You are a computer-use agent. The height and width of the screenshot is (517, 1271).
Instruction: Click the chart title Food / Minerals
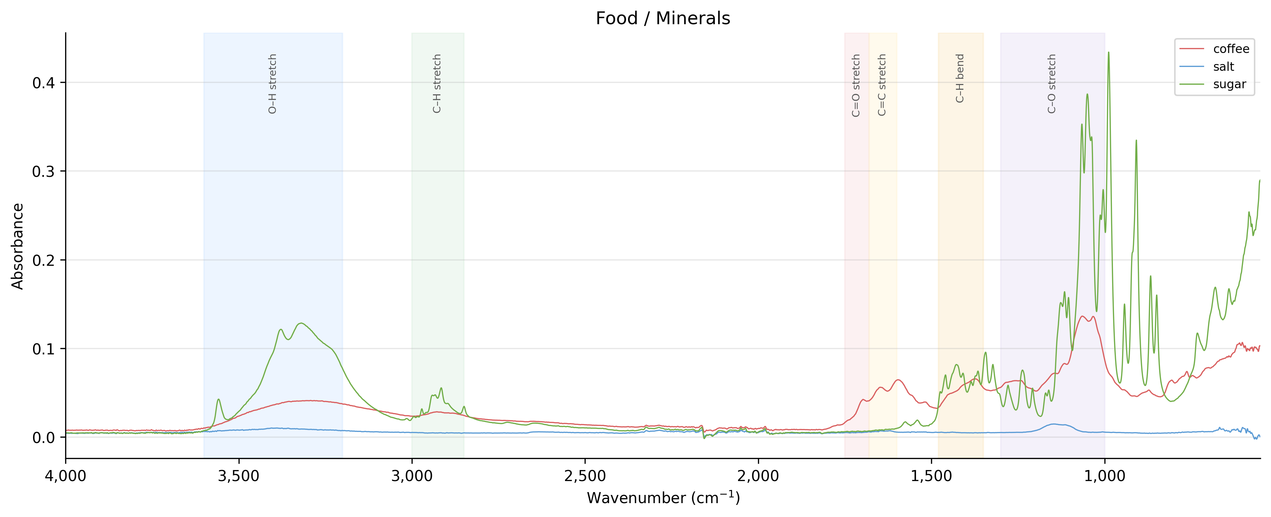(x=663, y=18)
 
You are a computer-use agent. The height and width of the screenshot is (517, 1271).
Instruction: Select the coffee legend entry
(x=1230, y=49)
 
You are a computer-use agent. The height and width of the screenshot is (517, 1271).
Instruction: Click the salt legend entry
(x=1223, y=67)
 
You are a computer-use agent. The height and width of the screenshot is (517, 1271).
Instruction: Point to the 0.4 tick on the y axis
(x=43, y=83)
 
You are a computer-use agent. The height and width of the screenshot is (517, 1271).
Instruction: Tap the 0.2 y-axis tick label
(x=43, y=260)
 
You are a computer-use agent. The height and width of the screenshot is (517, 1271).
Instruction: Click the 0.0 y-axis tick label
(x=43, y=438)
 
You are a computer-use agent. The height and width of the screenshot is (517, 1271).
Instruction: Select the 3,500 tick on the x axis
(x=239, y=476)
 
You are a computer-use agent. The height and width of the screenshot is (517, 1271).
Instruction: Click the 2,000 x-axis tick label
(x=758, y=476)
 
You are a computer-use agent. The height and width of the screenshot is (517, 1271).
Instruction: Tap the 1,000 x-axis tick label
(x=1105, y=476)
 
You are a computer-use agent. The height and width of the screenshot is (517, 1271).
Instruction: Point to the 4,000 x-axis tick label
(x=66, y=476)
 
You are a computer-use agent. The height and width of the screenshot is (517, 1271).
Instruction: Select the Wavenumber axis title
(x=663, y=498)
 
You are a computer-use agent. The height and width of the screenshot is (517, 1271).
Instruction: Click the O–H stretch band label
(x=272, y=84)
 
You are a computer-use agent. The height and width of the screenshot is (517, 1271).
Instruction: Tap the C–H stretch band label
(x=436, y=84)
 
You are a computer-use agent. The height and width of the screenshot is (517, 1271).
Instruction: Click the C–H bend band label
(x=960, y=78)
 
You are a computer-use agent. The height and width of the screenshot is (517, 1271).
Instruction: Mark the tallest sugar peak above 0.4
(x=1109, y=52)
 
